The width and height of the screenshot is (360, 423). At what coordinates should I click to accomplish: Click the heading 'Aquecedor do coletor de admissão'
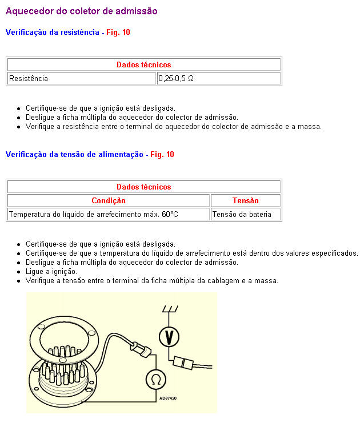pos(81,11)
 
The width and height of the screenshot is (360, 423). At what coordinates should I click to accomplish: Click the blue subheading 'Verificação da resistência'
pos(52,33)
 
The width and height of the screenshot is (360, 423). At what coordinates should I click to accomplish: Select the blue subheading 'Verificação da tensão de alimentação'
pos(74,155)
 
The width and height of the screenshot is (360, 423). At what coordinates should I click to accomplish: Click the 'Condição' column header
pos(109,201)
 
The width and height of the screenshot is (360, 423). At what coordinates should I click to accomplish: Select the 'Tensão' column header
pos(245,201)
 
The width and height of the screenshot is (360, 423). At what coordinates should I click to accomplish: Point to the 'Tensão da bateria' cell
pos(245,215)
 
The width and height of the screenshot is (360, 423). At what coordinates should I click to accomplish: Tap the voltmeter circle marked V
pos(169,337)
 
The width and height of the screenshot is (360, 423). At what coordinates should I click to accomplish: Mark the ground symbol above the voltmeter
pos(169,309)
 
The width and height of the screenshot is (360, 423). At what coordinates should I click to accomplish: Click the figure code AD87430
pos(168,398)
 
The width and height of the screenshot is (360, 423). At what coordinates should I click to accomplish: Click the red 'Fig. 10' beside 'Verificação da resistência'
pos(118,33)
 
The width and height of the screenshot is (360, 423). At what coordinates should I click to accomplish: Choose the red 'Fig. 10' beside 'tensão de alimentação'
pos(162,155)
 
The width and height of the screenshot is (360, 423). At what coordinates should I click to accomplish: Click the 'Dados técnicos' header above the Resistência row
pos(143,65)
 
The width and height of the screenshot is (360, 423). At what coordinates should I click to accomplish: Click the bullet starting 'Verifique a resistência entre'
pos(174,127)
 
